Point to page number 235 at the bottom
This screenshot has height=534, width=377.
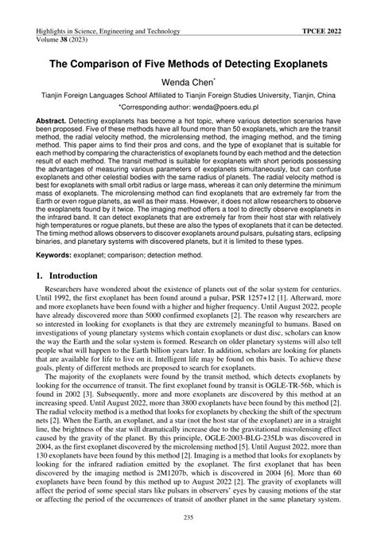pos(188,521)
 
